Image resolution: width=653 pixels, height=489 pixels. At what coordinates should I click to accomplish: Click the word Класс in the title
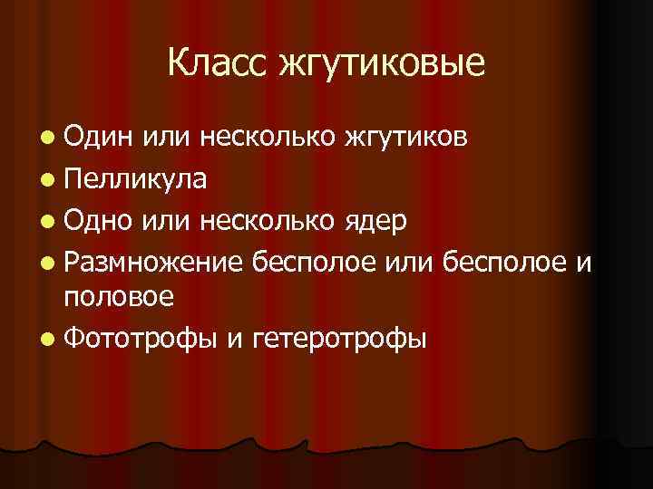(x=218, y=62)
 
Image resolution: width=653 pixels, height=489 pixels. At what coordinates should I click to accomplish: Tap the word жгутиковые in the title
(x=384, y=64)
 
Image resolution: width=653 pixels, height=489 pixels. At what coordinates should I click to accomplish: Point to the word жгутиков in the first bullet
(x=405, y=139)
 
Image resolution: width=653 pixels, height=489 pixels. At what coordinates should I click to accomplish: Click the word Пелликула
(x=136, y=178)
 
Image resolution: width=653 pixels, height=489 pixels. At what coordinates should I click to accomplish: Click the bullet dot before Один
(x=47, y=138)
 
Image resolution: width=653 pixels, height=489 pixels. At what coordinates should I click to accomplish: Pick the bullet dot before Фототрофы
(x=47, y=339)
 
